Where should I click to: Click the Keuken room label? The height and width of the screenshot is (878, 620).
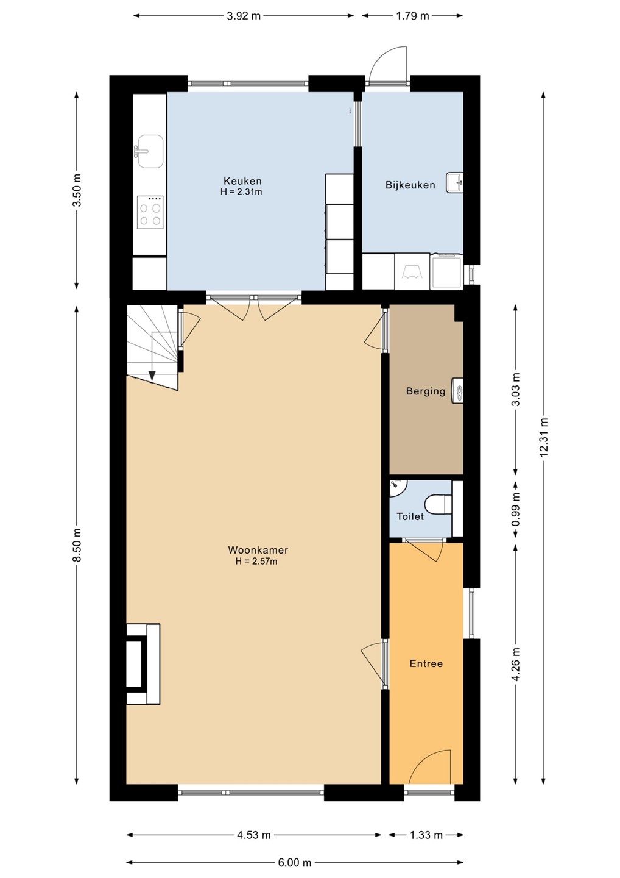tap(242, 181)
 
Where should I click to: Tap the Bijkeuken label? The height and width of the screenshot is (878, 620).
tap(410, 185)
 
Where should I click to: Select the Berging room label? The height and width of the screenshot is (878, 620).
tap(426, 391)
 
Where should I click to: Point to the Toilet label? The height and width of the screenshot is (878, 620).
tap(410, 516)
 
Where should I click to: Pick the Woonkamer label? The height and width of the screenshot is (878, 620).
tap(258, 550)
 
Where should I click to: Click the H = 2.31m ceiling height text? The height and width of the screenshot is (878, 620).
tap(241, 192)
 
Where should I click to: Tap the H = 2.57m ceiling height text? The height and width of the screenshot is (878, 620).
tap(256, 562)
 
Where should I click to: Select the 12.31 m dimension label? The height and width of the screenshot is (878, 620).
tap(544, 437)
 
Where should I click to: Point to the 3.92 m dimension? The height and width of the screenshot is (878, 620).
tap(244, 16)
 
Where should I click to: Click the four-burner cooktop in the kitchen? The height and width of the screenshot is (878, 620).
tap(150, 212)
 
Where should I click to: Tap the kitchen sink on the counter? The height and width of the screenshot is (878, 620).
tap(149, 151)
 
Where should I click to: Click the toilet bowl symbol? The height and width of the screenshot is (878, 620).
tap(439, 504)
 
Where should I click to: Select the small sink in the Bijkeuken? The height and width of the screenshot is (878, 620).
tap(454, 183)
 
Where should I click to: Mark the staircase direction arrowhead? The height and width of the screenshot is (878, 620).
tap(152, 376)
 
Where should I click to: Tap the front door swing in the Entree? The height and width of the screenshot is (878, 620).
tap(430, 767)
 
